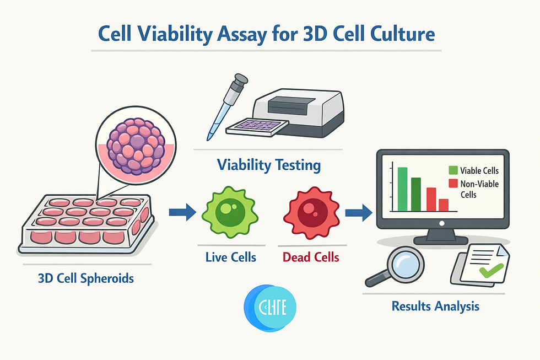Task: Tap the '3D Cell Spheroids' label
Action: (x=86, y=278)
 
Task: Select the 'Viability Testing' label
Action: (x=268, y=165)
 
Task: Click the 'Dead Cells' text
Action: (x=310, y=257)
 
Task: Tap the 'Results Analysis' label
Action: (x=435, y=305)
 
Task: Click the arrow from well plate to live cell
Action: (x=182, y=211)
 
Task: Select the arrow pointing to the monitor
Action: (x=358, y=211)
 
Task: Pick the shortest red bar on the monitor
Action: (x=443, y=205)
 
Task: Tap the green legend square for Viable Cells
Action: (x=454, y=171)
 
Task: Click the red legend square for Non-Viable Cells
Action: (x=454, y=184)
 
